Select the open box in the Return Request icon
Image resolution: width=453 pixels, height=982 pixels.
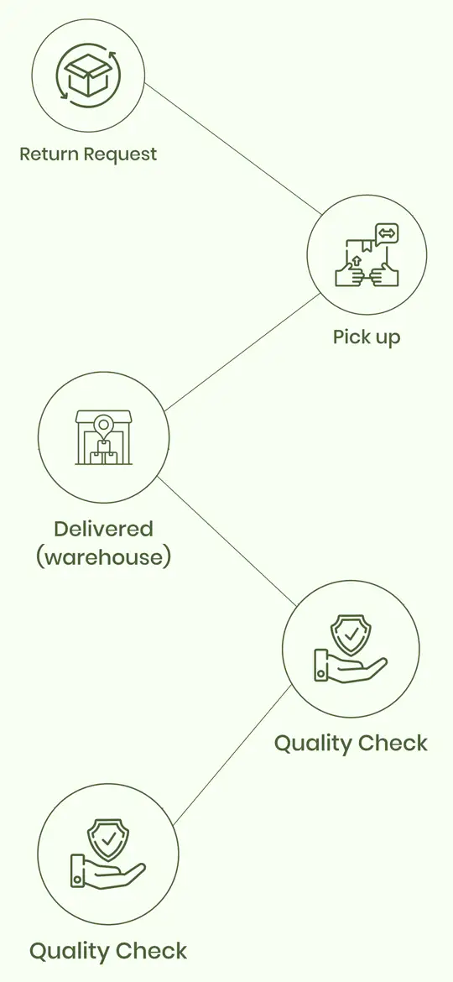tap(88, 75)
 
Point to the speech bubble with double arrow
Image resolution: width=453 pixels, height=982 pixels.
tap(387, 233)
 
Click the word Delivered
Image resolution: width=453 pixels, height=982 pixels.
tap(103, 530)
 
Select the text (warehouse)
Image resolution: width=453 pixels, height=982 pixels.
tap(103, 556)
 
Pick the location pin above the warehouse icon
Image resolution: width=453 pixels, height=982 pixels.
tap(103, 426)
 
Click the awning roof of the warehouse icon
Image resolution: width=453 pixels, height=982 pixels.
tap(103, 417)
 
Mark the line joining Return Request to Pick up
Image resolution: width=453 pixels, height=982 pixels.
tap(232, 149)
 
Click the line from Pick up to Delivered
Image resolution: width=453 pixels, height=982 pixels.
tap(242, 352)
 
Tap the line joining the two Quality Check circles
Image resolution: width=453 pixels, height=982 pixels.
tap(232, 755)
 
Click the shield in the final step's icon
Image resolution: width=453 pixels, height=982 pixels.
tap(109, 839)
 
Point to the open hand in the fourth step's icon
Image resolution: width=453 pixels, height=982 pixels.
tap(351, 667)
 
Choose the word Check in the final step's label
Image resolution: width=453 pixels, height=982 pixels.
tap(149, 951)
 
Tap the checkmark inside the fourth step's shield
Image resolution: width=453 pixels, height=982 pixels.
tap(351, 634)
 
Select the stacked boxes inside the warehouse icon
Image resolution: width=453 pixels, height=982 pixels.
tap(103, 452)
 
